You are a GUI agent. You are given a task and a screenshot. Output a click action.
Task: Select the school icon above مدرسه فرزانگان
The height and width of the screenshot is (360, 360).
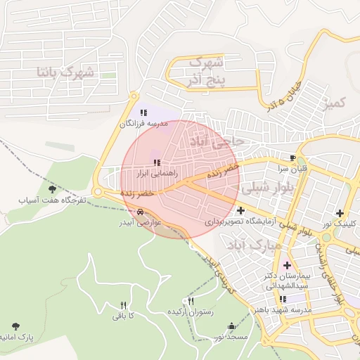tap(143, 112)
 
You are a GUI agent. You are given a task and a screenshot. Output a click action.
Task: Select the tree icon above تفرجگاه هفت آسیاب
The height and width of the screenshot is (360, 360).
tap(51, 188)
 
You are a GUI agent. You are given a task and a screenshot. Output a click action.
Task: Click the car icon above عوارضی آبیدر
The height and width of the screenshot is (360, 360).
tap(141, 211)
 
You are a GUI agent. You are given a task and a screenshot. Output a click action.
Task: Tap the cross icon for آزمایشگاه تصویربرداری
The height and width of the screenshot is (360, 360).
tap(241, 210)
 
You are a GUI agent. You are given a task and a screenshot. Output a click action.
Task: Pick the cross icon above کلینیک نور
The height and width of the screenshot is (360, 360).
tap(340, 212)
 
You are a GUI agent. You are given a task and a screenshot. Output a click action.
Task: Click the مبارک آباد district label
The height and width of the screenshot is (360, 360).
tap(255, 245)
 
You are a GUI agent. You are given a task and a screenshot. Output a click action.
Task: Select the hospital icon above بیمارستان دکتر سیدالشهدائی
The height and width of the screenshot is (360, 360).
tap(286, 265)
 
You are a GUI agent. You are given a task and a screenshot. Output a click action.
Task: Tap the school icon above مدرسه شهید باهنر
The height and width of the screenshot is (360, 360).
tap(282, 299)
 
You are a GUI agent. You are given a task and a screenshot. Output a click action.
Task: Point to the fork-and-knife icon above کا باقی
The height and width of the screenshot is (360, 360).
tap(124, 305)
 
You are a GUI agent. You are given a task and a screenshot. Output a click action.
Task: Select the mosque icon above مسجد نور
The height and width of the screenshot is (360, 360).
tap(232, 326)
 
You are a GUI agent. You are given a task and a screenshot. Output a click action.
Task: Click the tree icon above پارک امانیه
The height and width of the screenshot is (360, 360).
tap(15, 326)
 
